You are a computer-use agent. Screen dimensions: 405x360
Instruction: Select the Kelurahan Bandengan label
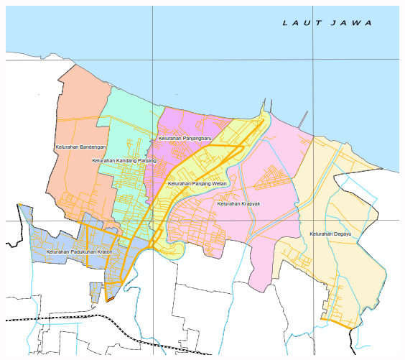[80, 147]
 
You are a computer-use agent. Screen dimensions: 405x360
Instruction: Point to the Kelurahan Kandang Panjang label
[124, 161]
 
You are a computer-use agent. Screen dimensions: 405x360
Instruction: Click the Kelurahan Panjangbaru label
[185, 137]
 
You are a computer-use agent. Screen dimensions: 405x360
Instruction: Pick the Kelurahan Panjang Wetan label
[197, 184]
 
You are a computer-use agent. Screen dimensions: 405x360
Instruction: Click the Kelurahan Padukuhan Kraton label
[78, 252]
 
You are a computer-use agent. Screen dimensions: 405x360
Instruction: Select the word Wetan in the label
[218, 184]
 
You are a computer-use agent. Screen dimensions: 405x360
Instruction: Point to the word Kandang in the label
[126, 161]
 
